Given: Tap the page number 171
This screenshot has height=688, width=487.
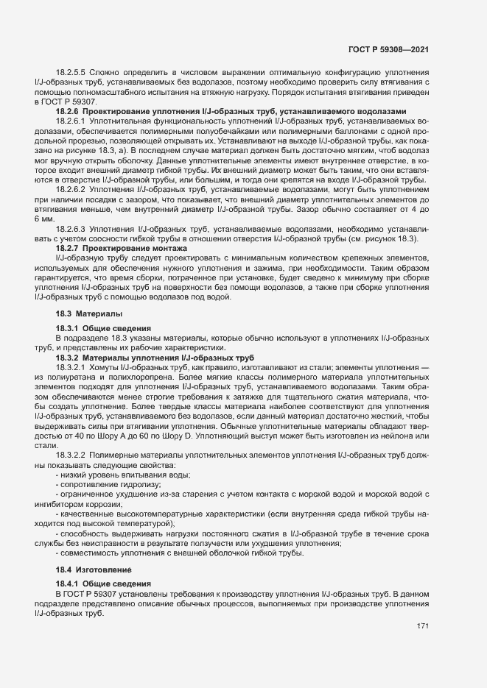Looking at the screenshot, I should pos(422,626).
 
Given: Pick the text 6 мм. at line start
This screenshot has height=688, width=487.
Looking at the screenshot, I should pos(44,219).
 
